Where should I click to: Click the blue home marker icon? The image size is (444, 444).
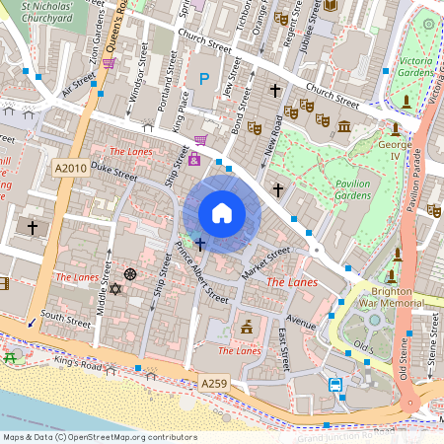[x=222, y=212]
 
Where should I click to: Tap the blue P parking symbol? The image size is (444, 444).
[x=205, y=78]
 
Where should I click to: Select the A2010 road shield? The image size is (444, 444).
[x=70, y=169]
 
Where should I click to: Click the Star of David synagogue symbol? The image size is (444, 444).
[x=115, y=289]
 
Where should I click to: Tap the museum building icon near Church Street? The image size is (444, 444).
[x=344, y=126]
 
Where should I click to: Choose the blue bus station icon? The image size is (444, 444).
[x=335, y=385]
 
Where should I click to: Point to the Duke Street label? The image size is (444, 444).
[x=112, y=173]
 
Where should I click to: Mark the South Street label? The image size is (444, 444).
[x=66, y=319]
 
